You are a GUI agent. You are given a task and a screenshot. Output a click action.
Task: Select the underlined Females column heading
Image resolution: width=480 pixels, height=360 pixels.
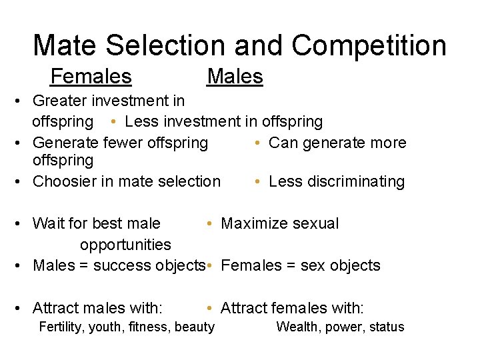click(91, 77)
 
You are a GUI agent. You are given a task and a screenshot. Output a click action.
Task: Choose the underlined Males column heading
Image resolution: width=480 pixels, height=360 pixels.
click(235, 77)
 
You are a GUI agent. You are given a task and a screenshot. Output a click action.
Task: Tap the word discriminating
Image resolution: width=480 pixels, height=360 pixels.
click(356, 182)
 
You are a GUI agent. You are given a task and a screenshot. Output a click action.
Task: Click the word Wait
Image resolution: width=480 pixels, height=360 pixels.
click(47, 223)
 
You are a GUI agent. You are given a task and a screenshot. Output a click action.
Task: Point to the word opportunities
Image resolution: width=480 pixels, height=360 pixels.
click(125, 245)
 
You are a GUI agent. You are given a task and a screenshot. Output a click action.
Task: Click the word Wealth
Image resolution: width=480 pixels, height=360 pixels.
click(297, 327)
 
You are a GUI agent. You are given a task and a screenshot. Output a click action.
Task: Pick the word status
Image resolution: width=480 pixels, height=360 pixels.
click(386, 327)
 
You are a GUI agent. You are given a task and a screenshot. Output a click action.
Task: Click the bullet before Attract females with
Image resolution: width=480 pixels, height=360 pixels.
click(209, 308)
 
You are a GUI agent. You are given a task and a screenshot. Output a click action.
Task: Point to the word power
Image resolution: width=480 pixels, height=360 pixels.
click(343, 327)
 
